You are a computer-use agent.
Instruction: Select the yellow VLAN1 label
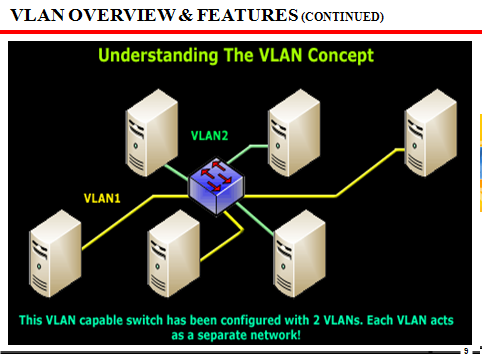(101, 198)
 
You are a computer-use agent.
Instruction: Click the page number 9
(465, 352)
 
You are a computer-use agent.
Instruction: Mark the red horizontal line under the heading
(240, 32)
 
